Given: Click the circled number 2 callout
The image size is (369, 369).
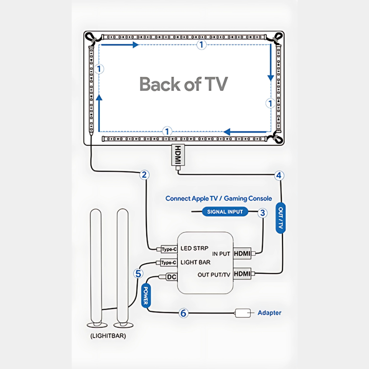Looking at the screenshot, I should point(145,175).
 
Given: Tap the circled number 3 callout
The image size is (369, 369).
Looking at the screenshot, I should point(262,213).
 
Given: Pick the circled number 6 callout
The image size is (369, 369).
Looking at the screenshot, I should point(183,313).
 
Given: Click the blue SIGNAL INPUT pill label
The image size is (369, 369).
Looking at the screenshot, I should point(225,212).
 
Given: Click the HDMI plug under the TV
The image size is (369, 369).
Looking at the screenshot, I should point(178,155).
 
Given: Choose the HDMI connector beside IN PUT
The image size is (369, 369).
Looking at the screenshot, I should point(242,254).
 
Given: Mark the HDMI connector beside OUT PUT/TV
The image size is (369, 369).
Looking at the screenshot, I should point(242,274).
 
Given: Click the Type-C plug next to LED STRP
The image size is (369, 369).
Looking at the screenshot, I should point(169,249).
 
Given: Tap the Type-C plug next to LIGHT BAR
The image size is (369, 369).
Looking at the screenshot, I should point(169,263).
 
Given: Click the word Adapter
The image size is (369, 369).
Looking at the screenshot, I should point(269,313).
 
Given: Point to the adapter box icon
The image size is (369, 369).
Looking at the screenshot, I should point(243,313).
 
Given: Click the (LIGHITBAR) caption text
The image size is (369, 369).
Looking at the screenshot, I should point(108,336).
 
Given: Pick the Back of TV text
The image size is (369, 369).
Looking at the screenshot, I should point(183,84).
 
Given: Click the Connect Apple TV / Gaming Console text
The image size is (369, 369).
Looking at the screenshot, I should point(218,199).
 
